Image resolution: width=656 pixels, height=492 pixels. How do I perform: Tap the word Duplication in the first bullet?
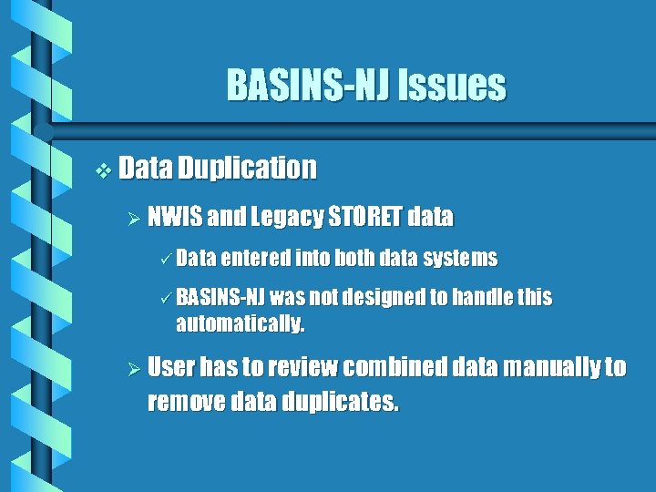[247, 168]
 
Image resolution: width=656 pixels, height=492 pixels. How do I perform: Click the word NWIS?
[174, 217]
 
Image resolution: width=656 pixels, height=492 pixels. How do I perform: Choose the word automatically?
[240, 323]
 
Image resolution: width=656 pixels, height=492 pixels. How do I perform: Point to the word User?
[171, 367]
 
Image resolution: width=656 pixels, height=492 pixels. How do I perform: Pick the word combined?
[401, 367]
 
